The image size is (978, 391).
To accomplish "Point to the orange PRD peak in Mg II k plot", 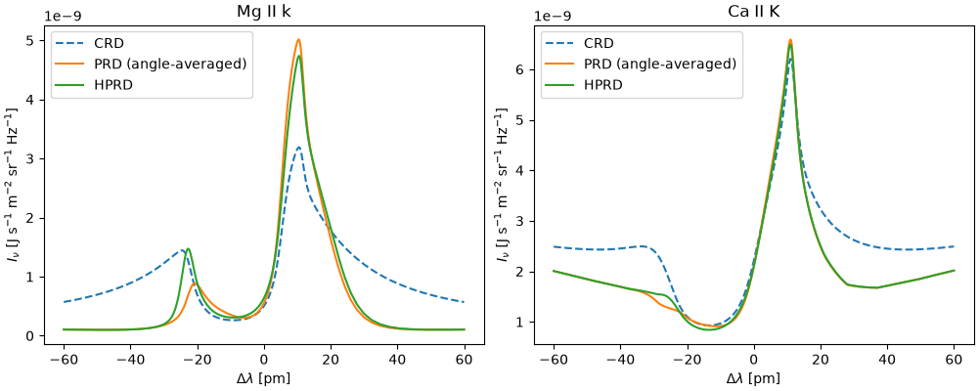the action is coord(298,40).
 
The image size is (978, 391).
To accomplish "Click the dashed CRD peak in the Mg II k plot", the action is coord(298,148).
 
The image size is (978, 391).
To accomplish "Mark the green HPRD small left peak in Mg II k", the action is coord(188,249).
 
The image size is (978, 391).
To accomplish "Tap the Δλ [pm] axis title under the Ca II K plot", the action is coord(753,378).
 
